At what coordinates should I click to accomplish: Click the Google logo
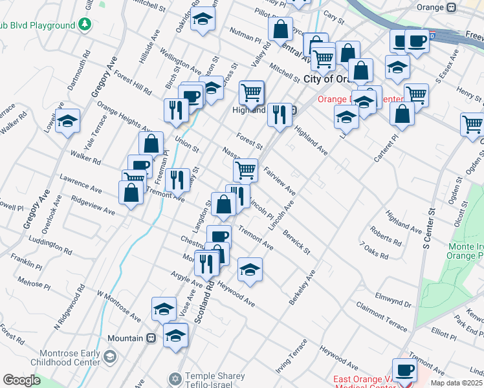[21, 380]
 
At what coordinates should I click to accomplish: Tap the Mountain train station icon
[151, 338]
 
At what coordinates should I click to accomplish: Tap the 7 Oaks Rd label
[375, 252]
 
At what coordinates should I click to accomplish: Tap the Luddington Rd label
[57, 244]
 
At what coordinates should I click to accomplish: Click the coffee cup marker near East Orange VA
[404, 371]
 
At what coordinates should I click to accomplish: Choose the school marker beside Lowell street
[67, 121]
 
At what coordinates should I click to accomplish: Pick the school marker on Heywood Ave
[249, 269]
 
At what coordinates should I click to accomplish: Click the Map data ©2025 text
[457, 383]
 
